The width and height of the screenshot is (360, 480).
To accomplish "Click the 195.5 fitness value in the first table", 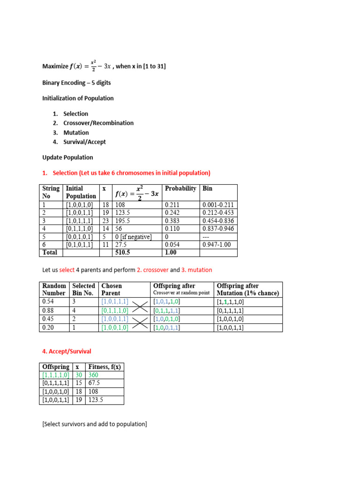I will tap(122, 221).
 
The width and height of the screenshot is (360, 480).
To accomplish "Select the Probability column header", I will tap(180, 188).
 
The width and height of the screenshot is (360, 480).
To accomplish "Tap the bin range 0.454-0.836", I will tap(218, 221).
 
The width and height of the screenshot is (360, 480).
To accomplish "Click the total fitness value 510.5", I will tap(122, 253).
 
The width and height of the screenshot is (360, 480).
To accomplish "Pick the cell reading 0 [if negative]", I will tap(133, 237).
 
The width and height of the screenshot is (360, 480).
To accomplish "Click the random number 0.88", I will tap(48, 310).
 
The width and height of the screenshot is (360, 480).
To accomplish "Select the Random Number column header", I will tap(54, 289).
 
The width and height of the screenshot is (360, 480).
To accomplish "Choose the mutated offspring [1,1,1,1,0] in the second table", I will tap(230, 302).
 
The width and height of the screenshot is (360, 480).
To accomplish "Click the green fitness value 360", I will tap(94, 375).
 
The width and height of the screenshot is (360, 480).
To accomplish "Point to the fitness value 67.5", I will tap(96, 383).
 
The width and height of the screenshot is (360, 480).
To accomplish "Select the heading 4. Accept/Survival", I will tap(67, 351).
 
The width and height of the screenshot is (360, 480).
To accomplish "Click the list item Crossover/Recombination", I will tap(98, 123).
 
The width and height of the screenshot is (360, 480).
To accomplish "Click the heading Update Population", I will tap(67, 157).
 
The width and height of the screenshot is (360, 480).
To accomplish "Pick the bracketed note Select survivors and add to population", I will tap(94, 424).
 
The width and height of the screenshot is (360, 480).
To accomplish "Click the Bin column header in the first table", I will tap(208, 188).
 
